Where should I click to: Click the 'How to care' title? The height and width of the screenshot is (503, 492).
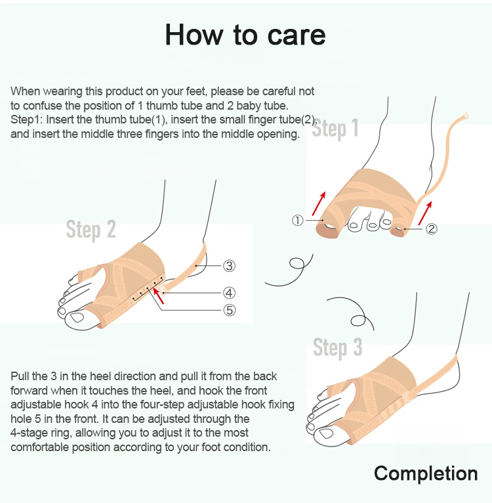pyautogui.click(x=245, y=35)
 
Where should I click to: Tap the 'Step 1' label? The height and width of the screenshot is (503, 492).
pyautogui.click(x=335, y=128)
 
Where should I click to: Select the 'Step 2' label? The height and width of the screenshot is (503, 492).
pyautogui.click(x=91, y=229)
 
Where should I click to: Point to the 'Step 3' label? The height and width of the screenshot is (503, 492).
pyautogui.click(x=337, y=347)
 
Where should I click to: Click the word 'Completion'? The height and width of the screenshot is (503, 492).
pyautogui.click(x=426, y=473)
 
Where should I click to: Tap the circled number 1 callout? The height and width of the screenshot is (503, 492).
pyautogui.click(x=297, y=221)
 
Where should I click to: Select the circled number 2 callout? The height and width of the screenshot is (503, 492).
pyautogui.click(x=432, y=229)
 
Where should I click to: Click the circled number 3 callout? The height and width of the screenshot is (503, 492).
pyautogui.click(x=229, y=265)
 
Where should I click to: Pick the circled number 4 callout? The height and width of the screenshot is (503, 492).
pyautogui.click(x=229, y=293)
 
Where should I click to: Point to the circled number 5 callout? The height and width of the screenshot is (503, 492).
pyautogui.click(x=230, y=310)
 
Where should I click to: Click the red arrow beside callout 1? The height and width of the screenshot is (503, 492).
pyautogui.click(x=319, y=204)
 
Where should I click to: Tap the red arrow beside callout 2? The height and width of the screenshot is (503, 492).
pyautogui.click(x=425, y=213)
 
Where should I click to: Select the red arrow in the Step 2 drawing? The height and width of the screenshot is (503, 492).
pyautogui.click(x=159, y=295)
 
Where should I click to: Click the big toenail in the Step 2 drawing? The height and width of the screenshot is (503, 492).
pyautogui.click(x=77, y=318)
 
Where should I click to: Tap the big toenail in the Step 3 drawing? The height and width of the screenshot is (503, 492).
pyautogui.click(x=326, y=433)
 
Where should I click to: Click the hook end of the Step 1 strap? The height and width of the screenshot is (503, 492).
pyautogui.click(x=464, y=116)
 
